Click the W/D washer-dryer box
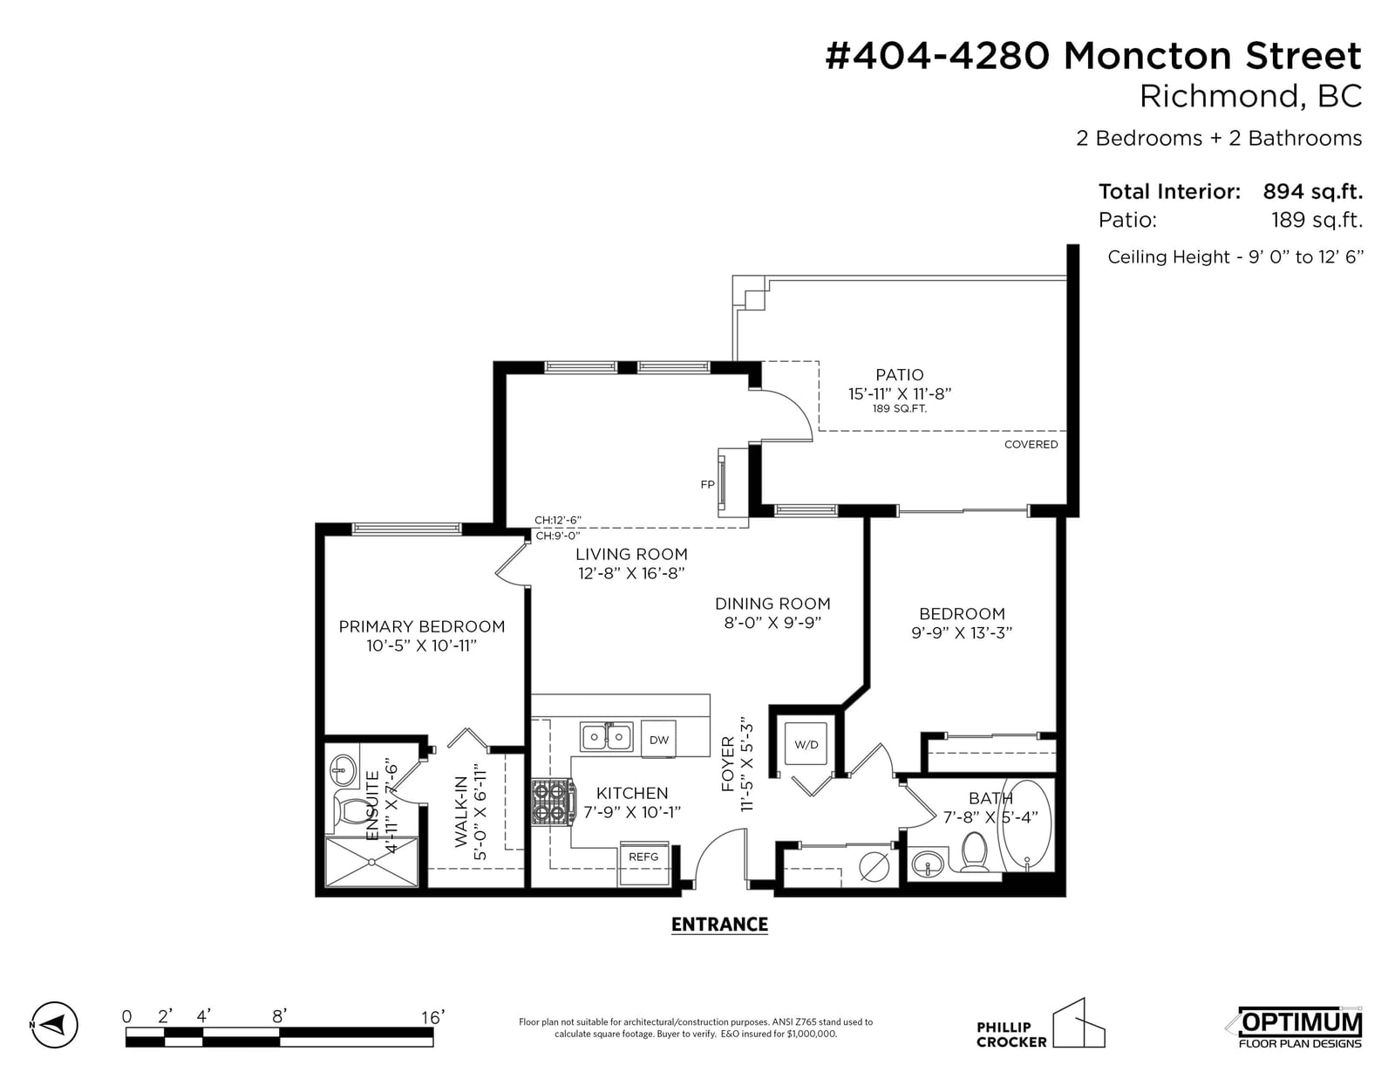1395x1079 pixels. pyautogui.click(x=806, y=744)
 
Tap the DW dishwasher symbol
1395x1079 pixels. pyautogui.click(x=658, y=739)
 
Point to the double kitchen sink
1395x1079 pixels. pyautogui.click(x=606, y=737)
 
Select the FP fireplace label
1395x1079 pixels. pyautogui.click(x=707, y=484)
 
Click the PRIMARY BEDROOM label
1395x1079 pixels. pyautogui.click(x=422, y=626)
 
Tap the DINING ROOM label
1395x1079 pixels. pyautogui.click(x=772, y=604)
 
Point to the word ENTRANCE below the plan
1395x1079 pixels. pyautogui.click(x=719, y=925)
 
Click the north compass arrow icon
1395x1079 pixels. pyautogui.click(x=55, y=1024)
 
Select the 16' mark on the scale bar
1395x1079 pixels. pyautogui.click(x=432, y=1017)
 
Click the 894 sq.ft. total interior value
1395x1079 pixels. pyautogui.click(x=1313, y=191)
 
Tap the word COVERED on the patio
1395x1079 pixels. pyautogui.click(x=1031, y=445)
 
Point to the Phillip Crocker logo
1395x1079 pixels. pyautogui.click(x=1040, y=1024)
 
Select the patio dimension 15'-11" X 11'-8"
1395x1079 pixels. pyautogui.click(x=900, y=393)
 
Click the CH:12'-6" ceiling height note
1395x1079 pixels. pyautogui.click(x=558, y=520)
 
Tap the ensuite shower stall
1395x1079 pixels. pyautogui.click(x=371, y=862)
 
